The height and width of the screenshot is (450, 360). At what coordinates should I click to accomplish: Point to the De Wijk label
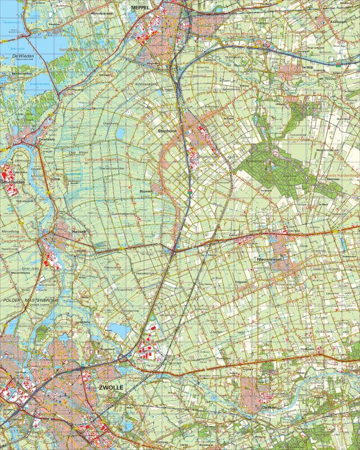(307, 68)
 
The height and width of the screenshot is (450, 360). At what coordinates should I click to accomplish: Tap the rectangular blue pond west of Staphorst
(120, 133)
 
